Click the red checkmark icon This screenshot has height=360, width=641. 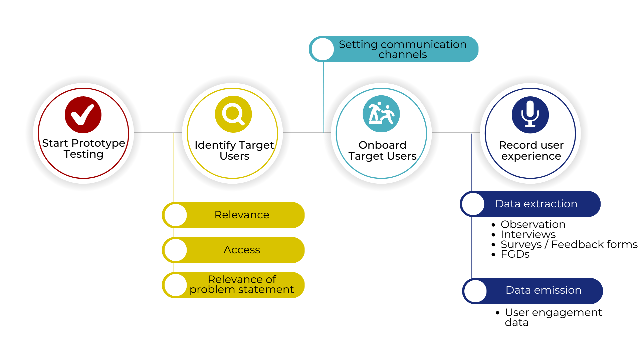[83, 115]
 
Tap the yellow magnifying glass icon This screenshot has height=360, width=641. [233, 114]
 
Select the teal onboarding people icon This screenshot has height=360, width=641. [381, 114]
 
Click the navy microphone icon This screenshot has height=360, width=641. [530, 115]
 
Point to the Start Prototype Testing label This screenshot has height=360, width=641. [83, 148]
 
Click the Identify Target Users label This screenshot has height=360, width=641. [234, 150]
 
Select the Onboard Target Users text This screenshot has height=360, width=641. [383, 150]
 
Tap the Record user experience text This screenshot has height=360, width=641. [531, 150]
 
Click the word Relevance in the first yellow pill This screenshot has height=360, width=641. [242, 215]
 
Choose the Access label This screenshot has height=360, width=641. [242, 250]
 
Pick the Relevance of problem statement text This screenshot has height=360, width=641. [242, 284]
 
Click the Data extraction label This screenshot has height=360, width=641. [536, 204]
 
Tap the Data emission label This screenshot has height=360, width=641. [544, 290]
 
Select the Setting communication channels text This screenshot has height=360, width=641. [403, 49]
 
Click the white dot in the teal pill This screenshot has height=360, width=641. [323, 49]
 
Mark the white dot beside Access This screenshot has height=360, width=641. [176, 250]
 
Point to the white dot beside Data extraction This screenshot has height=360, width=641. [473, 204]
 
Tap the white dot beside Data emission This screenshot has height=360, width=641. [475, 291]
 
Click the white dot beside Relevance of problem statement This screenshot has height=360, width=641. [176, 285]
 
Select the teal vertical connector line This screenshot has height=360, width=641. [324, 97]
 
